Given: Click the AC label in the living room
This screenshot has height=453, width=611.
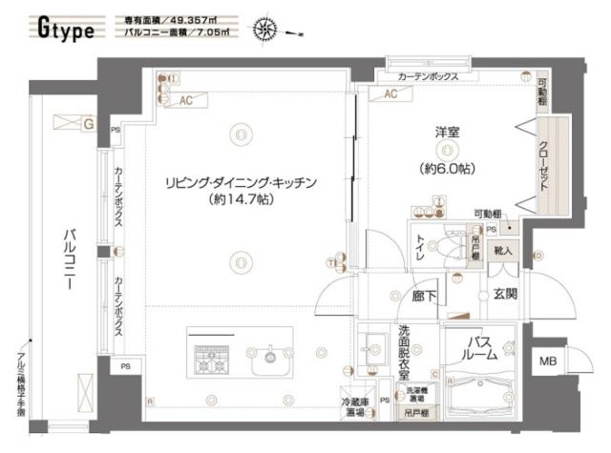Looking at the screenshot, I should coord(187,98).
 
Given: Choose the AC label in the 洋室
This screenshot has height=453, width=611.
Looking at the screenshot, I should coord(390,94).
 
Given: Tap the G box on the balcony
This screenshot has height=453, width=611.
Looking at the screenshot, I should coord(88,123).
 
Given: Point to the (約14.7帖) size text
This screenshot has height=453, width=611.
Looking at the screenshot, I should coord(239,200).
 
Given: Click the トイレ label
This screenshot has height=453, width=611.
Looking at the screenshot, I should coord(420,251).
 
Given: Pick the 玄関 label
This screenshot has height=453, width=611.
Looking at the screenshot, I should coord(504,294).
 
